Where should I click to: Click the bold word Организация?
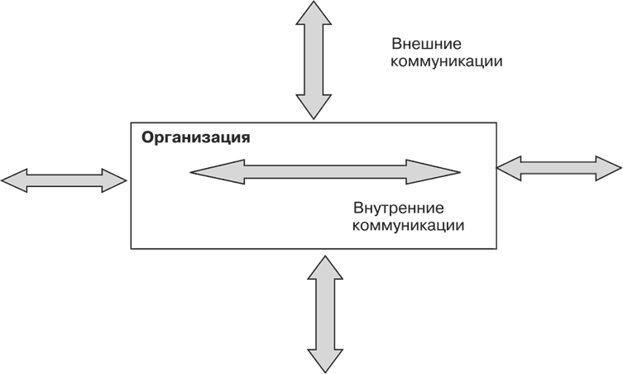click(196, 137)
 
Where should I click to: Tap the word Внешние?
click(426, 43)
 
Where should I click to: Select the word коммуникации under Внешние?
click(448, 62)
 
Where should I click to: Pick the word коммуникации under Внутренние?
click(407, 225)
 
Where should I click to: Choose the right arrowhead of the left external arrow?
click(115, 180)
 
